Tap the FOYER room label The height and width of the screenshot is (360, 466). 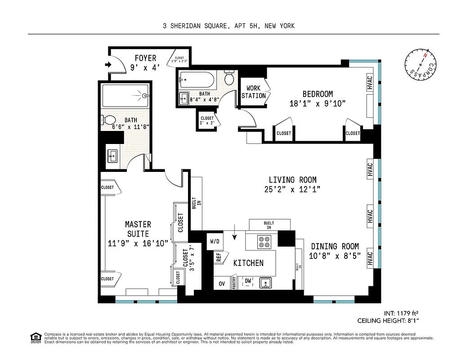145,58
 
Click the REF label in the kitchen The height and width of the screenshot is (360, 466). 219,257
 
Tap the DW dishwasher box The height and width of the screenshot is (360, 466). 248,282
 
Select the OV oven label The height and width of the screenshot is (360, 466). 221,283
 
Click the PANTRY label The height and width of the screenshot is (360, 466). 234,282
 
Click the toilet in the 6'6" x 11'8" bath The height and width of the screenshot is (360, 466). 109,120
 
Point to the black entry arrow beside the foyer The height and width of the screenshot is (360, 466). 108,65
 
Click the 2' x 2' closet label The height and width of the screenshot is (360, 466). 207,121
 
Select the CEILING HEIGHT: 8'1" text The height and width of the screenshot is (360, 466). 390,321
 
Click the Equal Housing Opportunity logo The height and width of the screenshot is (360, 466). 35,337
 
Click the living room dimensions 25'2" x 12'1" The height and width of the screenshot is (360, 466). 292,189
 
